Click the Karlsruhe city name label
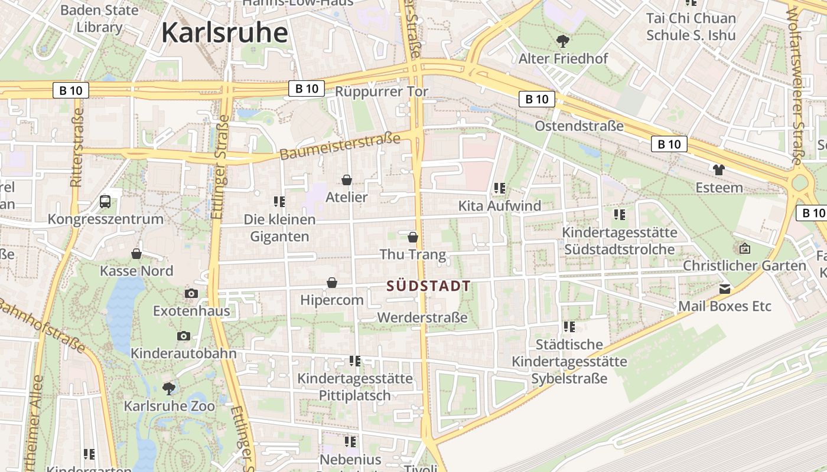[x=224, y=32]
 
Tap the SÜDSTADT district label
[x=428, y=287]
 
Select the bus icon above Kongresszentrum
[x=105, y=202]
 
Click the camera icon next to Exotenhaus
[x=191, y=293]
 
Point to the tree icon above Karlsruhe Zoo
[x=169, y=388]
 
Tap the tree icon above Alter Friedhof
[x=563, y=41]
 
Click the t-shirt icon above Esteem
[x=718, y=170]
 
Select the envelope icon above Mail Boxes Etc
[x=724, y=289]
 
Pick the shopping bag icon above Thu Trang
[x=413, y=237]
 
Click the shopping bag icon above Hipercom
[x=332, y=283]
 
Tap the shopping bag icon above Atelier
[x=347, y=180]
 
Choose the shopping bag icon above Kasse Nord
[x=136, y=254]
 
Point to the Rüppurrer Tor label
[x=381, y=91]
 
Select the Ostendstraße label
[x=579, y=126]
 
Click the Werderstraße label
[x=422, y=317]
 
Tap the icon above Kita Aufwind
[x=500, y=188]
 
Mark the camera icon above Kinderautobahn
[x=184, y=336]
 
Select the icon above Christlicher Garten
[x=744, y=248]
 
